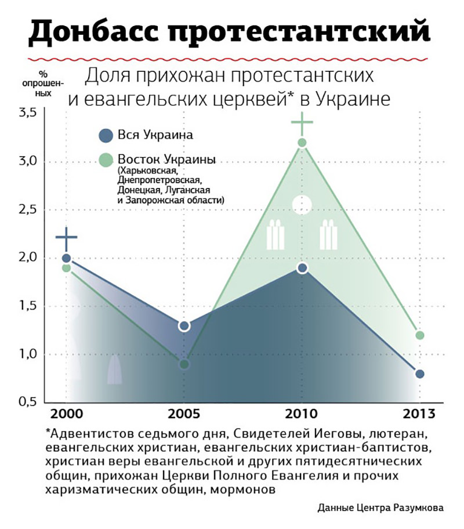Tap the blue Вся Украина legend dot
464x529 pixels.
click(106, 135)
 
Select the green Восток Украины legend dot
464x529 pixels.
click(106, 159)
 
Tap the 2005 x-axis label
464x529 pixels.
click(184, 414)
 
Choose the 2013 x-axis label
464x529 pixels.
click(419, 414)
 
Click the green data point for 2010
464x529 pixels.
click(302, 143)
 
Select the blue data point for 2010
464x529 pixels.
click(302, 268)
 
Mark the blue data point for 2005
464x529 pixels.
click(184, 326)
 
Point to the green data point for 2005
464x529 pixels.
click(184, 364)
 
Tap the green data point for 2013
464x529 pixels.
click(419, 335)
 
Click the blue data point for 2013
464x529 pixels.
click(419, 374)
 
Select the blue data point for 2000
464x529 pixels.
click(66, 258)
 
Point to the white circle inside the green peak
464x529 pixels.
click(302, 205)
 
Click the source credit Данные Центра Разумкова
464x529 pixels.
click(380, 508)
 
